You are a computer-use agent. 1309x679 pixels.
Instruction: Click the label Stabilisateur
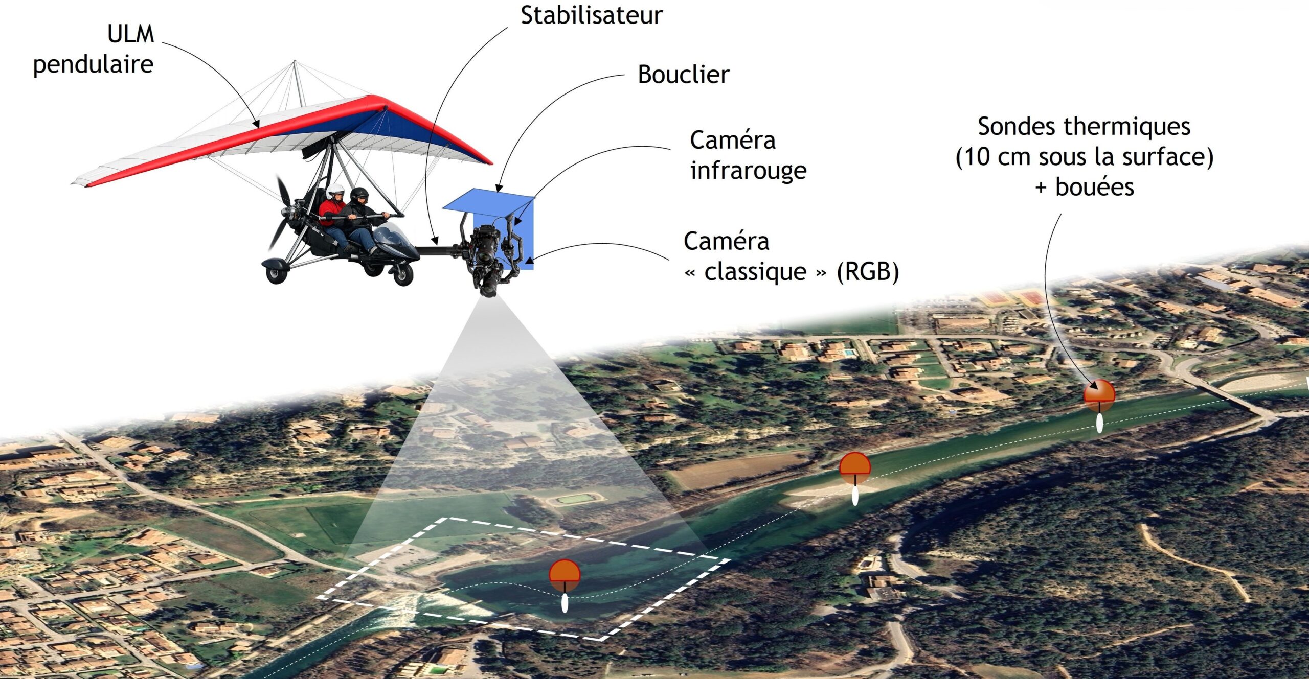click(591, 15)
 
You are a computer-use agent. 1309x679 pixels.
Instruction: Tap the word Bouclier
click(683, 75)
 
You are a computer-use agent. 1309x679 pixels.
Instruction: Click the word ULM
click(131, 34)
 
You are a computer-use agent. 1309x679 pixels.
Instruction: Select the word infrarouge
click(748, 171)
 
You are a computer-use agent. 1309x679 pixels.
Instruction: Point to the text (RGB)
click(868, 271)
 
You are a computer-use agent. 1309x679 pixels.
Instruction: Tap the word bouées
click(1095, 186)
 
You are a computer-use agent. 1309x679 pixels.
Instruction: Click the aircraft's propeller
click(283, 215)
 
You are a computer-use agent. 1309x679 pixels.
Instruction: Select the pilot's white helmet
click(336, 191)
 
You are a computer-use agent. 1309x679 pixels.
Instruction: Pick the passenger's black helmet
click(359, 195)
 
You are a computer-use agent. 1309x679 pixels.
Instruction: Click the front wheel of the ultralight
click(402, 275)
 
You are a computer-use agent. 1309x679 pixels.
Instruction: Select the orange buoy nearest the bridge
click(1099, 395)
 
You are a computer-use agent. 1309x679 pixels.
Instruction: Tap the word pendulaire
click(93, 65)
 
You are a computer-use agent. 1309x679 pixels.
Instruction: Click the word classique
click(755, 272)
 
